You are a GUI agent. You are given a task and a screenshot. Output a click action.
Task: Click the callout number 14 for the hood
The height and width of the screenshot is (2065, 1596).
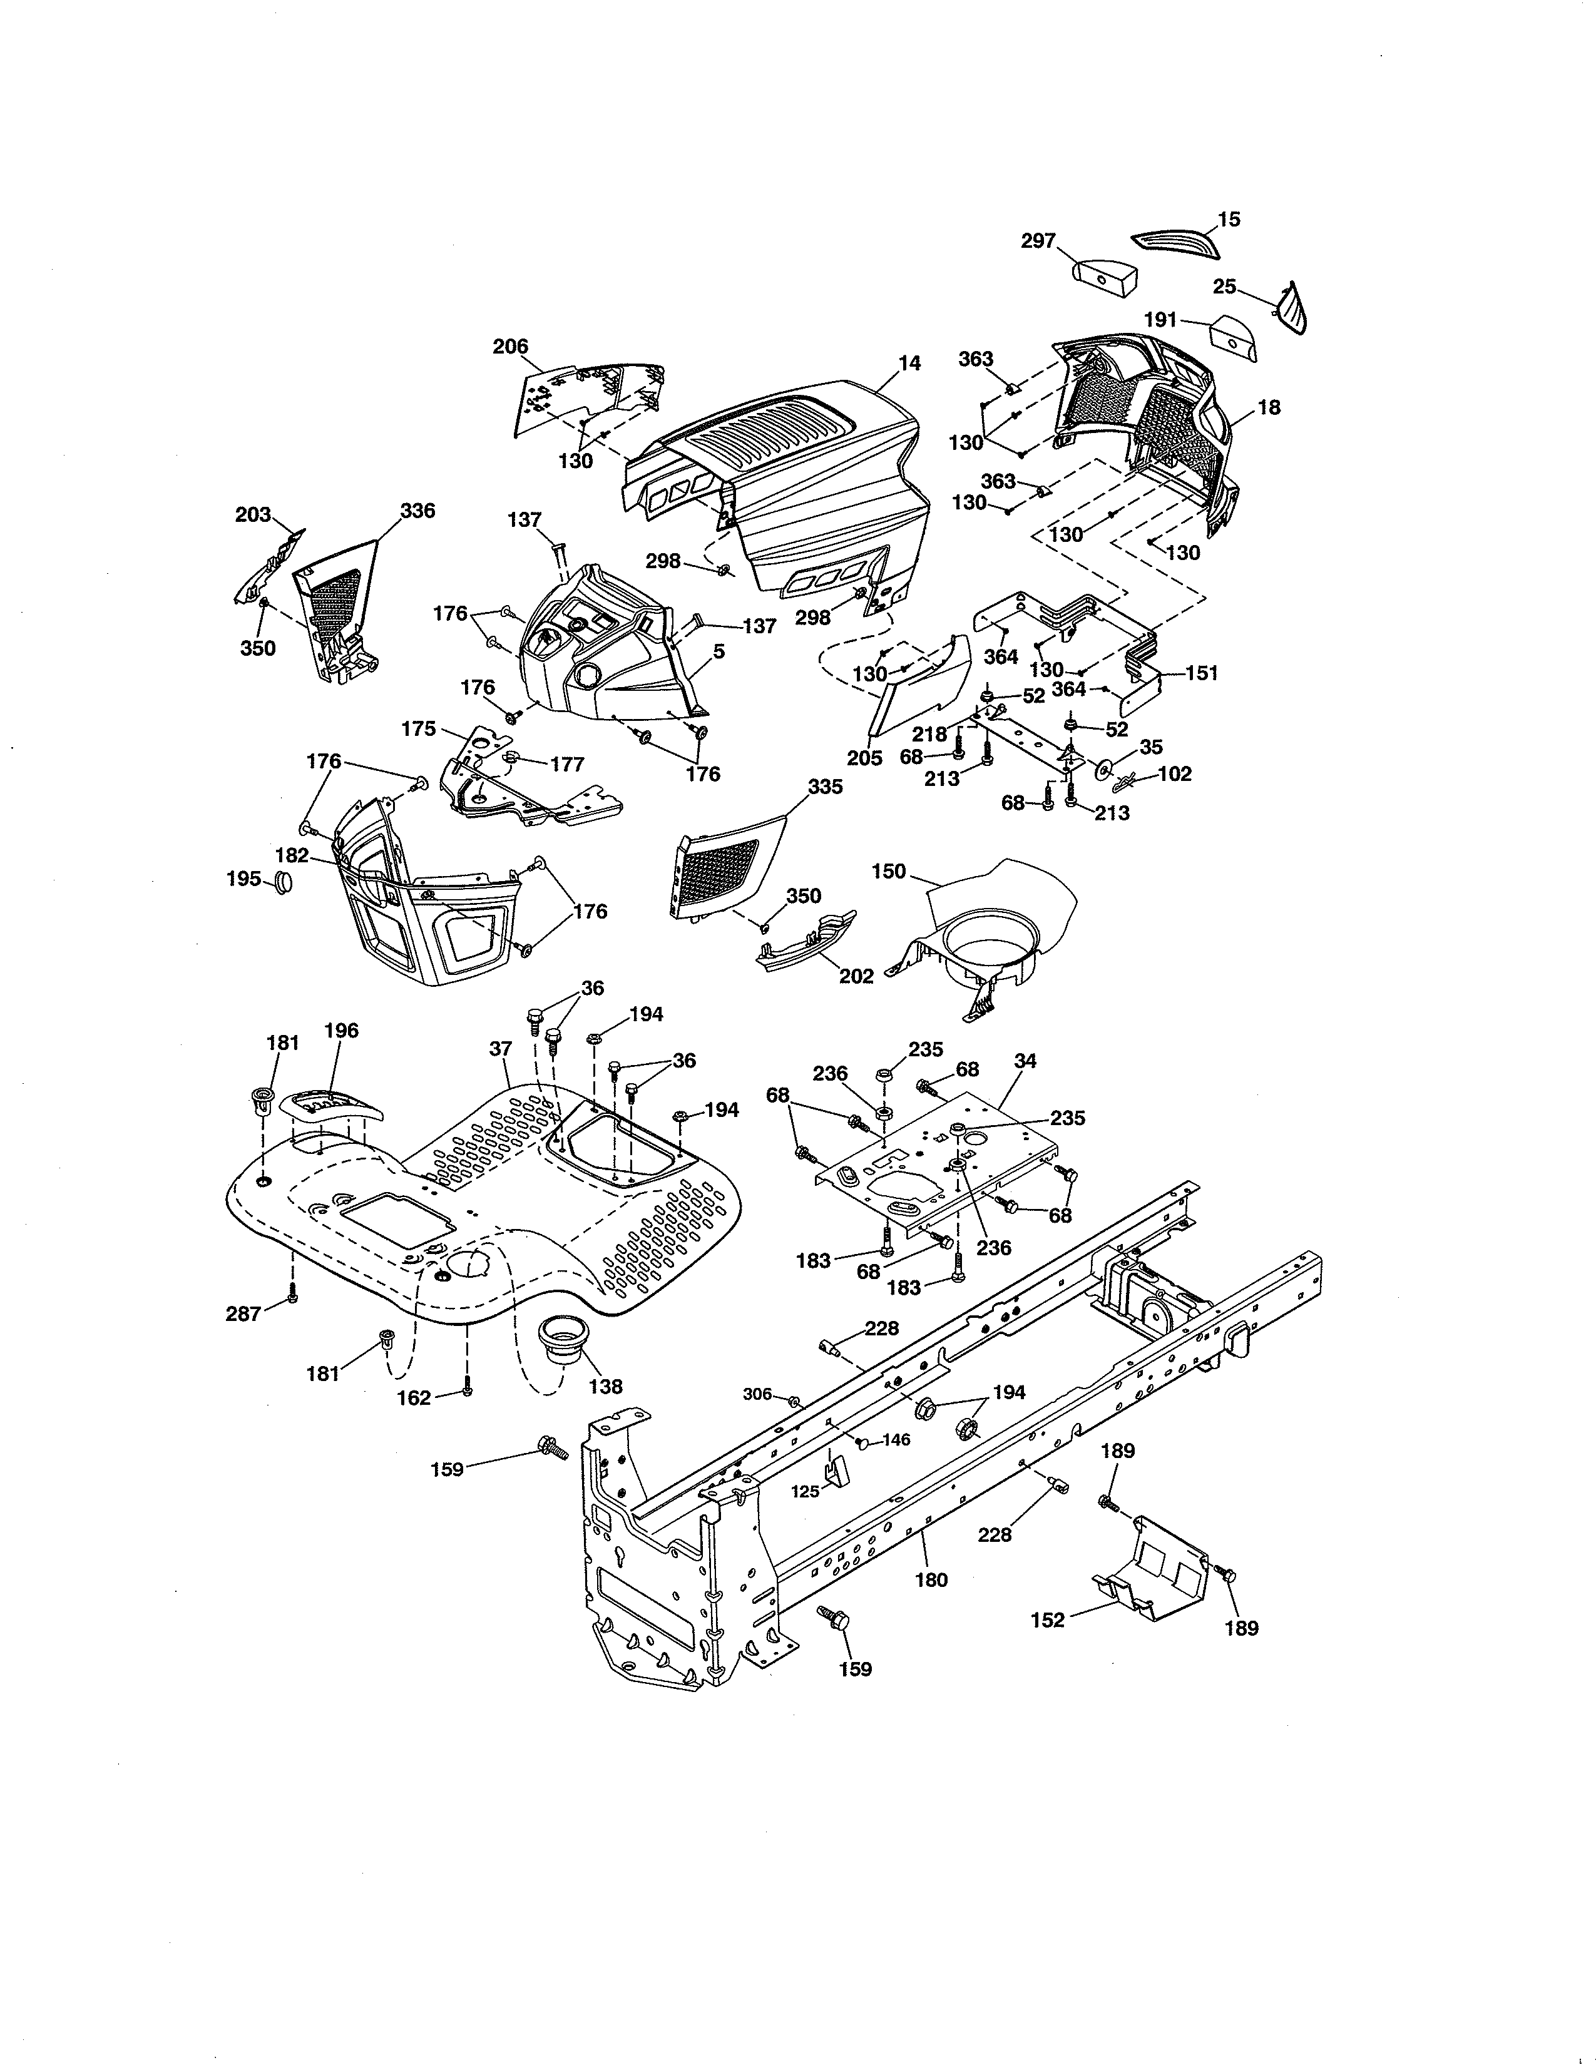click(909, 363)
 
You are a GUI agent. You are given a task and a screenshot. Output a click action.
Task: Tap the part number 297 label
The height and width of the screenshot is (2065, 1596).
click(1038, 241)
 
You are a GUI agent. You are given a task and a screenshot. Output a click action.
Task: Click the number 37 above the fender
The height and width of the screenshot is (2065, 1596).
click(500, 1049)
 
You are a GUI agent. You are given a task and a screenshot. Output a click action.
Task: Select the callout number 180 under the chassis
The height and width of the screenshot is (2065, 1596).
click(931, 1579)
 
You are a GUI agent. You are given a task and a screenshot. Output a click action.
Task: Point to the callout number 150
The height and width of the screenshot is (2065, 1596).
click(889, 871)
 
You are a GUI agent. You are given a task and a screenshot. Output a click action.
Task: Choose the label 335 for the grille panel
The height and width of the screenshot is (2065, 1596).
click(826, 787)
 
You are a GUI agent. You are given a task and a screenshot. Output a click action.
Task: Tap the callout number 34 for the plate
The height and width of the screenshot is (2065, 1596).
click(1025, 1061)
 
